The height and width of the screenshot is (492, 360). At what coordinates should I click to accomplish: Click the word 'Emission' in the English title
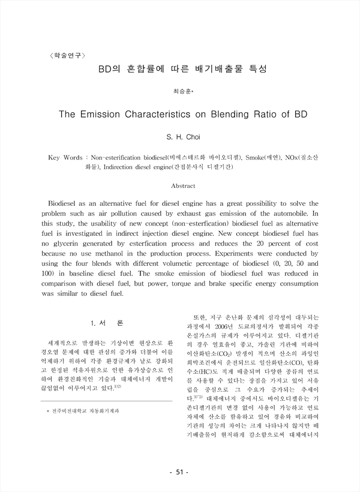122,114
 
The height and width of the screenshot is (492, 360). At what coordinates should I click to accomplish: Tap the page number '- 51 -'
179,473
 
